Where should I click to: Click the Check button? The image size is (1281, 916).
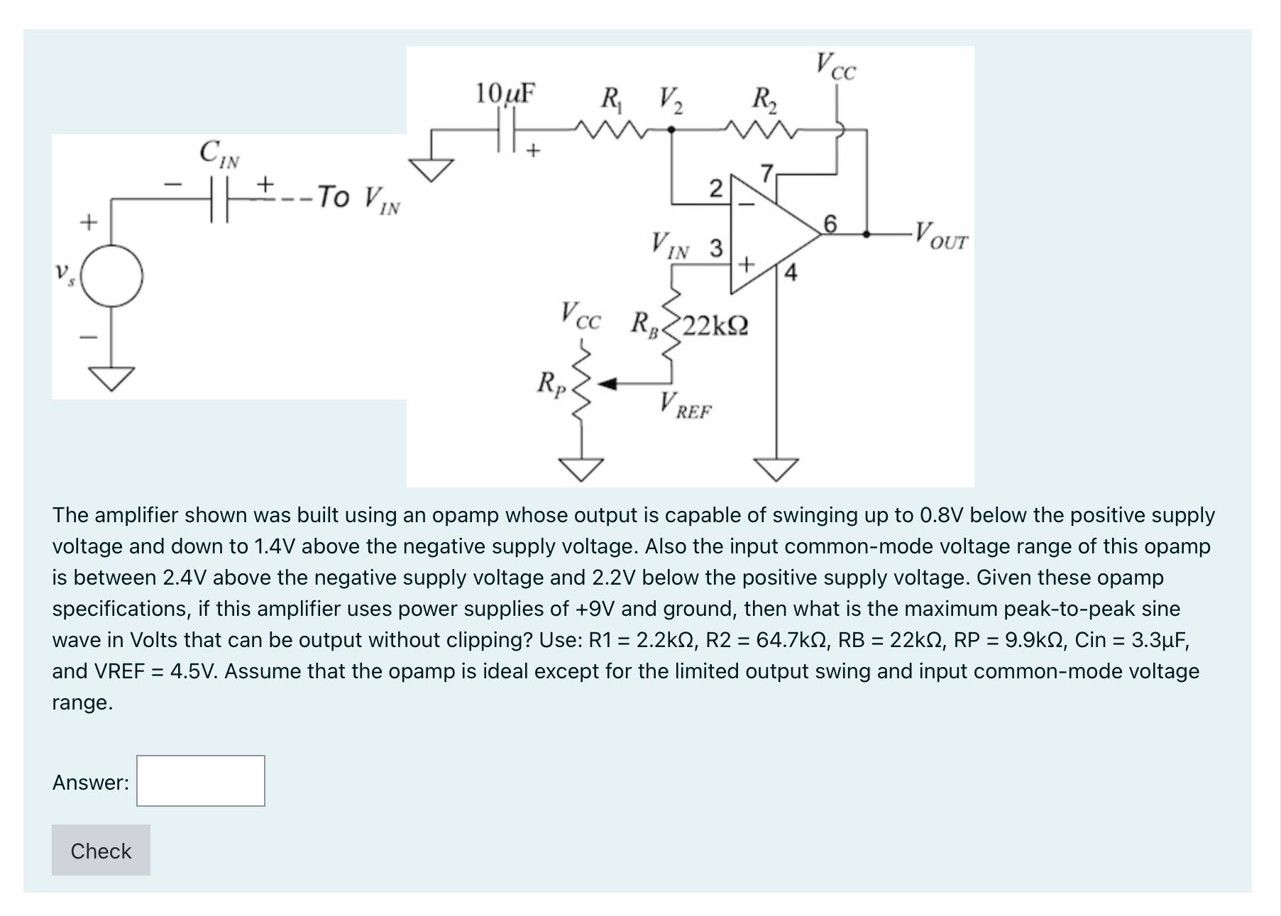pyautogui.click(x=101, y=850)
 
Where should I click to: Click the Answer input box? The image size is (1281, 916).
pyautogui.click(x=201, y=780)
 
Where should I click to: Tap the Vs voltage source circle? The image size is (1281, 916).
pyautogui.click(x=112, y=275)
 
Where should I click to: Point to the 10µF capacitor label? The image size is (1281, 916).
pyautogui.click(x=505, y=94)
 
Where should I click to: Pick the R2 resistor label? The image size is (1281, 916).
pyautogui.click(x=765, y=98)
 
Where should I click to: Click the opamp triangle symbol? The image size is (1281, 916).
pyautogui.click(x=766, y=234)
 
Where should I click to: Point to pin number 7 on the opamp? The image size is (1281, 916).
pyautogui.click(x=766, y=172)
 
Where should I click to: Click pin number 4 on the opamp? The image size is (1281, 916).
pyautogui.click(x=791, y=272)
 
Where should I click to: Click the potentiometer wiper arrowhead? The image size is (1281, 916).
pyautogui.click(x=605, y=385)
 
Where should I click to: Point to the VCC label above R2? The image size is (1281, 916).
pyautogui.click(x=836, y=66)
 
